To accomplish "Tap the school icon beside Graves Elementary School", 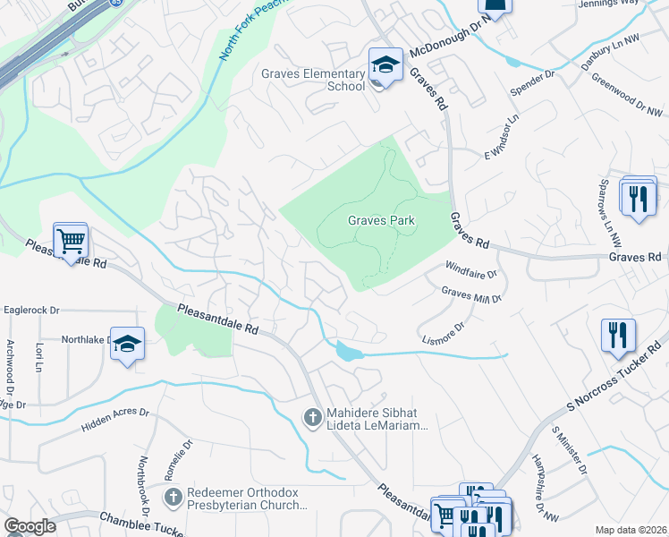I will pos(385,65).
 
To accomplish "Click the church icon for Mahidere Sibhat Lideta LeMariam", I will pos(312,416).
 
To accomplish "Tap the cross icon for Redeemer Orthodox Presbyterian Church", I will pos(174,495).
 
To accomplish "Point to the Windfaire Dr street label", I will pos(471,268).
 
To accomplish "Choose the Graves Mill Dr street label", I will pos(471,294).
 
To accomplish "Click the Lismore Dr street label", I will pos(444,333).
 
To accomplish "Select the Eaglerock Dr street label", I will pos(31,311).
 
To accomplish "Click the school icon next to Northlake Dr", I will pos(128,344).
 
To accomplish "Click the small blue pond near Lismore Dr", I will pos(347,351).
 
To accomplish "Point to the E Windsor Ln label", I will pos(502,134).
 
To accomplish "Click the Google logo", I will pos(30,526).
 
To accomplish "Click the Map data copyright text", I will pos(631,530).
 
